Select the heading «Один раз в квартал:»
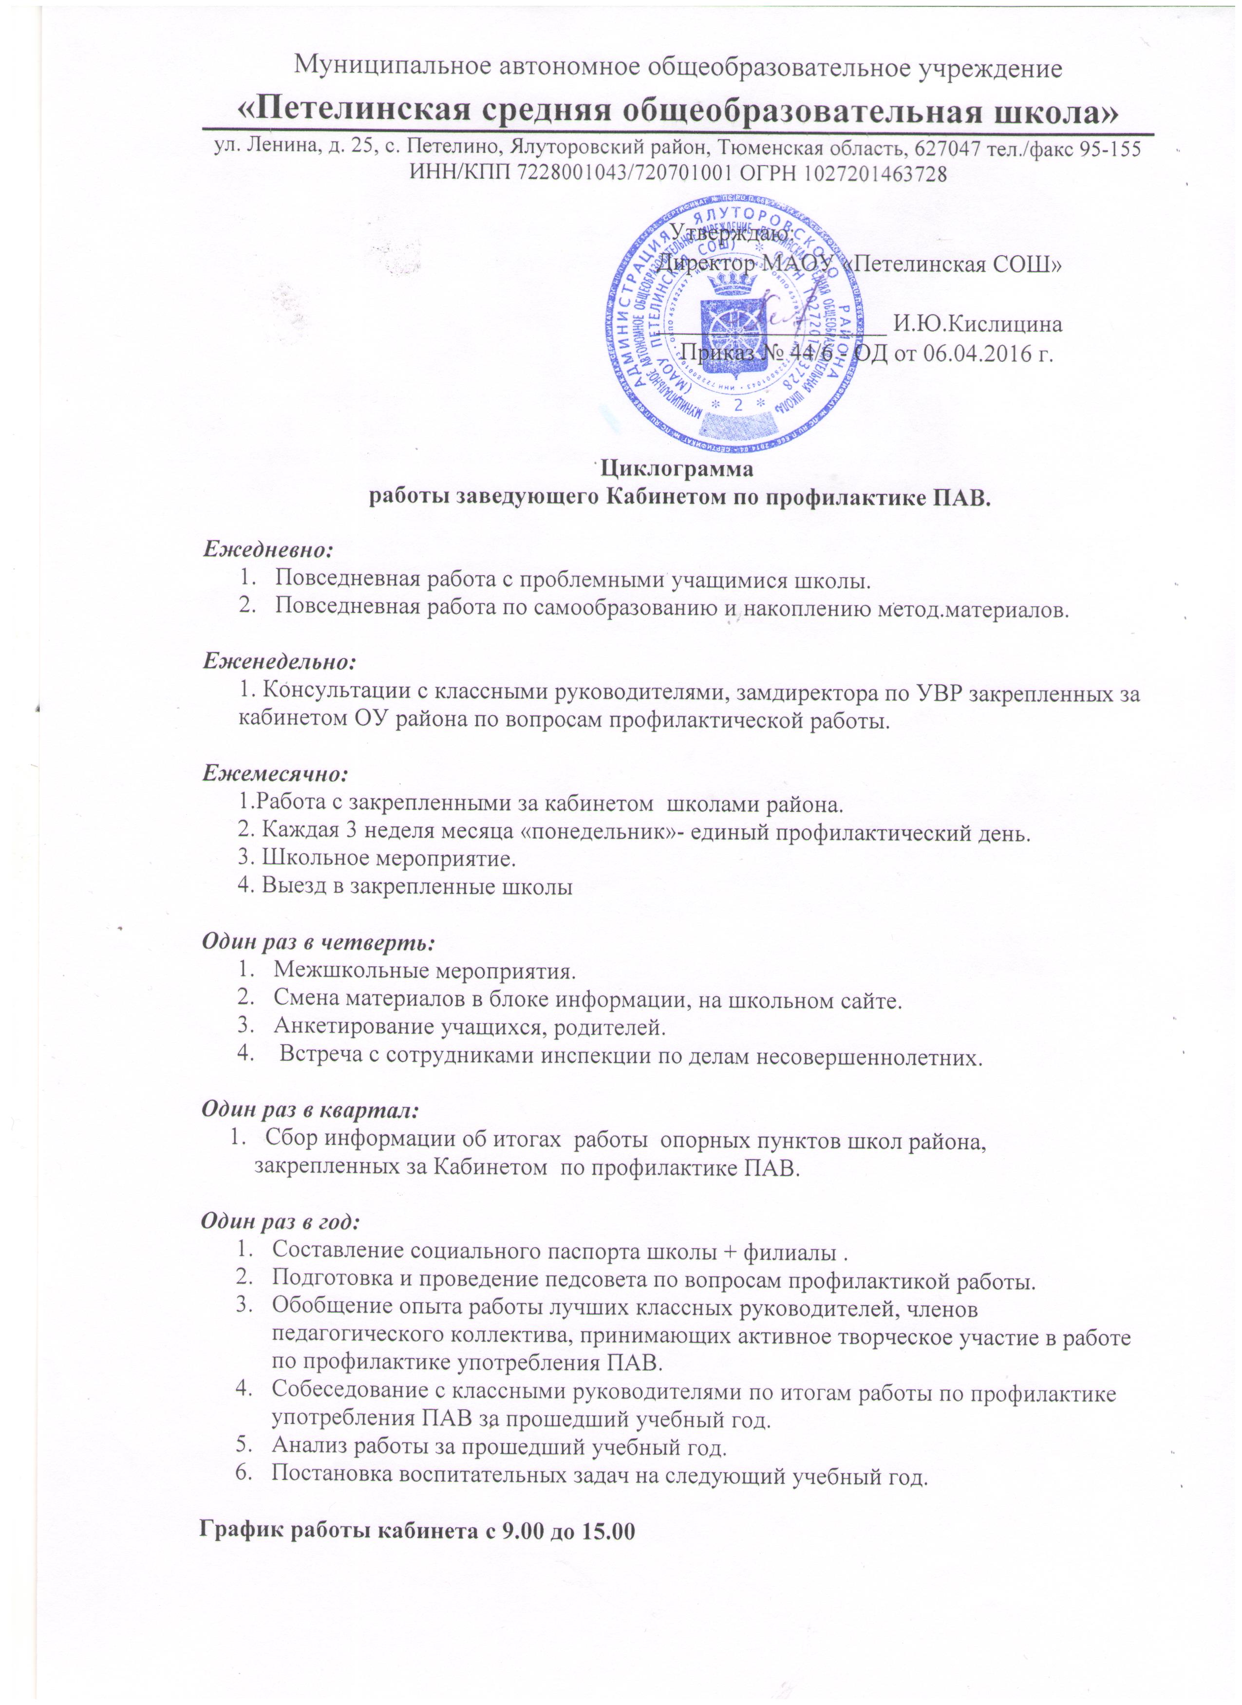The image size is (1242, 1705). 310,1109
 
